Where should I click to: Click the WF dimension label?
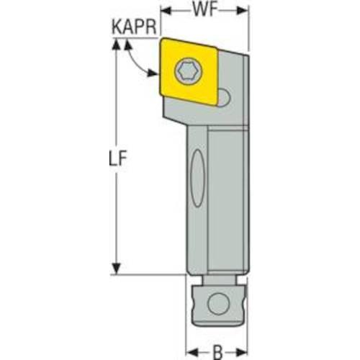[x=205, y=10]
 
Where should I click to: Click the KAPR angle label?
[x=134, y=27]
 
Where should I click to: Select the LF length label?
[x=117, y=158]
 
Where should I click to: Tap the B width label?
[x=217, y=352]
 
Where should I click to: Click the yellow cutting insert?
[x=189, y=71]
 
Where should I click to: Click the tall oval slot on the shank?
[x=197, y=178]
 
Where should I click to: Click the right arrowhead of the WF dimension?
[x=243, y=10]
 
